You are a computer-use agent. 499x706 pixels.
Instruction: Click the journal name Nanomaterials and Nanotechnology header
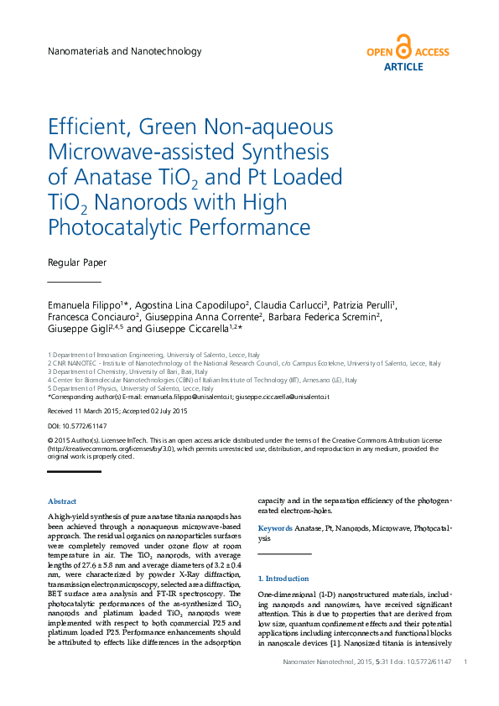(125, 52)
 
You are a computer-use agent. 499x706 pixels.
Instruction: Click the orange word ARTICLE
(403, 67)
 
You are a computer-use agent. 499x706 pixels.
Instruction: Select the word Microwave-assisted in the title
(130, 152)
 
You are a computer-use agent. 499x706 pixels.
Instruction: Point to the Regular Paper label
(77, 262)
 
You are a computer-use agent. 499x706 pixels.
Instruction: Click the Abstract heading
(62, 501)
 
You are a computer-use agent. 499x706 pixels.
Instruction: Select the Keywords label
(274, 528)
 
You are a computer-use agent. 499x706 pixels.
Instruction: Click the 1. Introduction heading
(283, 579)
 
